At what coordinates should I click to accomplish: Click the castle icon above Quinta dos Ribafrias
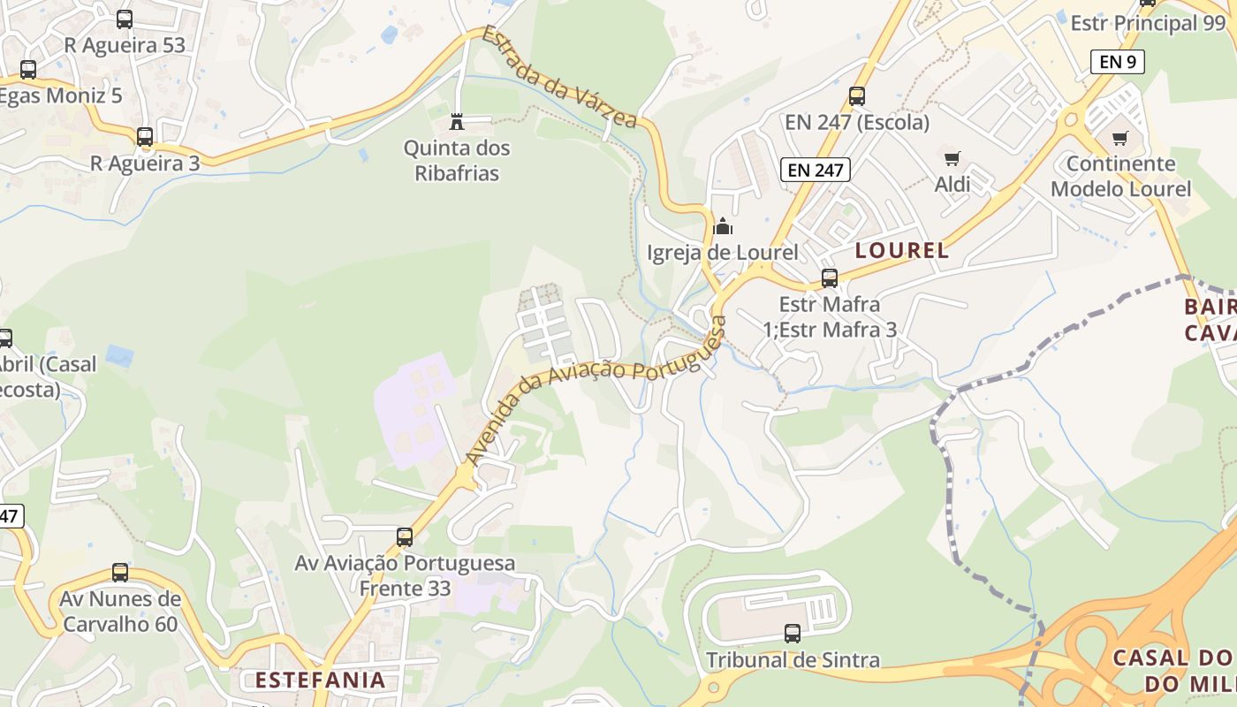point(457,120)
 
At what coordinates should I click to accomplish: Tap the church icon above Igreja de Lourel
point(723,226)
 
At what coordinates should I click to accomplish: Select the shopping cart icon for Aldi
point(952,159)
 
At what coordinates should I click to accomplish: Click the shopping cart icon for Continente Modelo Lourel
point(1120,138)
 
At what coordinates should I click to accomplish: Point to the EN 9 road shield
point(1118,62)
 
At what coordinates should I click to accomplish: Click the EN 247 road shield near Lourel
point(815,170)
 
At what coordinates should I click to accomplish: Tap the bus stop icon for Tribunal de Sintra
point(793,634)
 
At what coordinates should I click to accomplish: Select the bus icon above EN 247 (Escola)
point(856,96)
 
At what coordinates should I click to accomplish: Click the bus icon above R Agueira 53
point(125,19)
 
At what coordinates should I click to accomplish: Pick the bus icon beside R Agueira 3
point(145,137)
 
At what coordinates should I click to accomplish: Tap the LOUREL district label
point(902,250)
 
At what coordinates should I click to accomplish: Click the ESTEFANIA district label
point(321,680)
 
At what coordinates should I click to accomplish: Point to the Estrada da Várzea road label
point(558,77)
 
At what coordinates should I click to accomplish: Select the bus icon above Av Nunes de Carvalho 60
point(120,573)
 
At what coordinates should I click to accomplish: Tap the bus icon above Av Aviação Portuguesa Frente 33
point(405,536)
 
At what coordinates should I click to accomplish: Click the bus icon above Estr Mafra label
point(830,278)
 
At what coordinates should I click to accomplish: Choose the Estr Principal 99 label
point(1148,24)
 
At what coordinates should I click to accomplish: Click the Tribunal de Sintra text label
point(793,660)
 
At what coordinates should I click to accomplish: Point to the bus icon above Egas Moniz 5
point(28,69)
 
